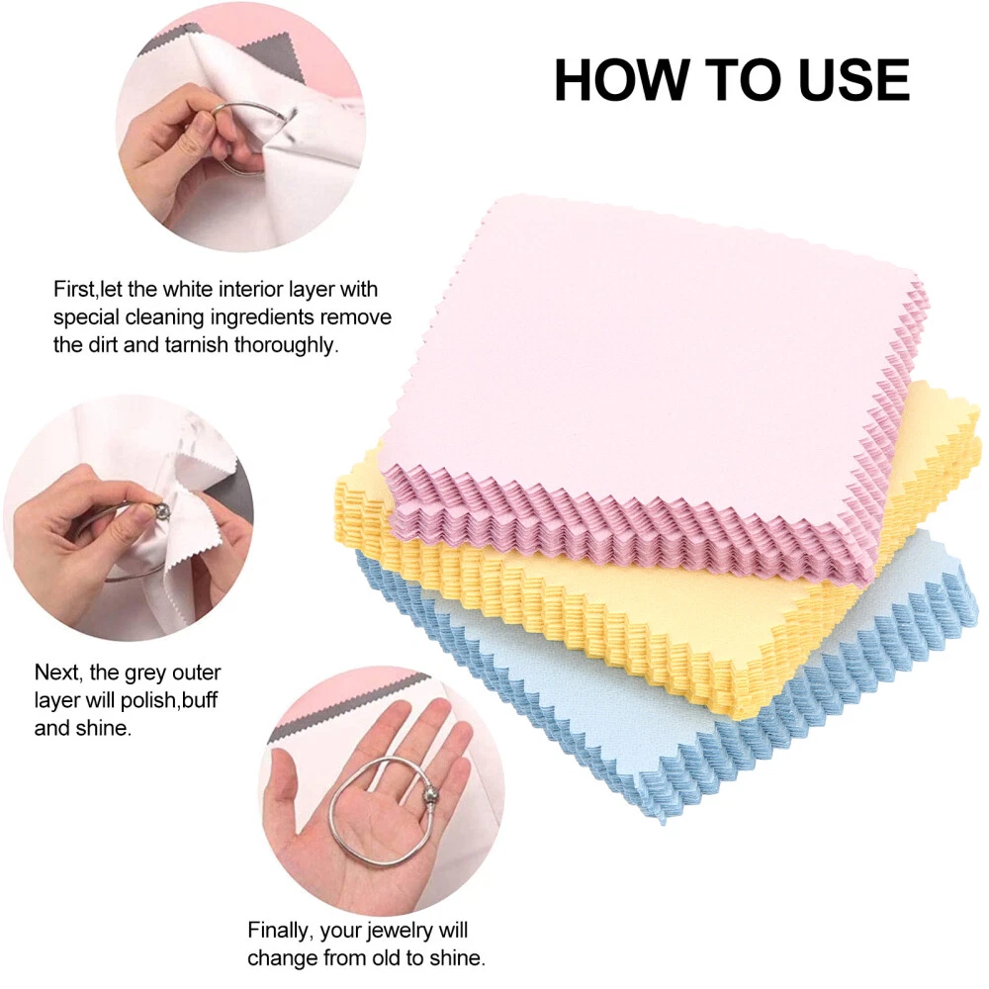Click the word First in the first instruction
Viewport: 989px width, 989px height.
pyautogui.click(x=73, y=289)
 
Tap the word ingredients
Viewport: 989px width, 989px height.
pyautogui.click(x=262, y=317)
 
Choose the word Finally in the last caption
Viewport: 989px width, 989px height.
pyautogui.click(x=280, y=931)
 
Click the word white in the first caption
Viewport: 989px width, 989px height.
pyautogui.click(x=188, y=289)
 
